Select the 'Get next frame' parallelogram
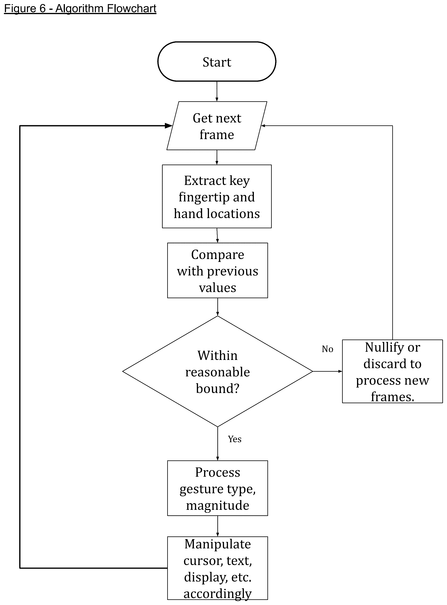tap(217, 126)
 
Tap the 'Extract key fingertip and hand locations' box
tap(217, 197)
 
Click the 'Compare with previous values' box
tap(218, 270)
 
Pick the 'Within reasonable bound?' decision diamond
tap(218, 371)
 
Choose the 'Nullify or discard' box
tap(392, 371)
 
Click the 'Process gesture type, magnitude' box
tap(218, 488)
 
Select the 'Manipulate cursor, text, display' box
tap(218, 568)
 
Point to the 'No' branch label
tap(327, 349)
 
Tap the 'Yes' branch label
tap(235, 439)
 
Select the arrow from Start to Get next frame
tap(217, 91)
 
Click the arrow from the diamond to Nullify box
tap(328, 371)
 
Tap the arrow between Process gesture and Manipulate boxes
tap(218, 526)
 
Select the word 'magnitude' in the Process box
tap(218, 505)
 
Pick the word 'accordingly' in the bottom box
tap(218, 594)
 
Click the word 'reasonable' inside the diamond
tap(218, 372)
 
